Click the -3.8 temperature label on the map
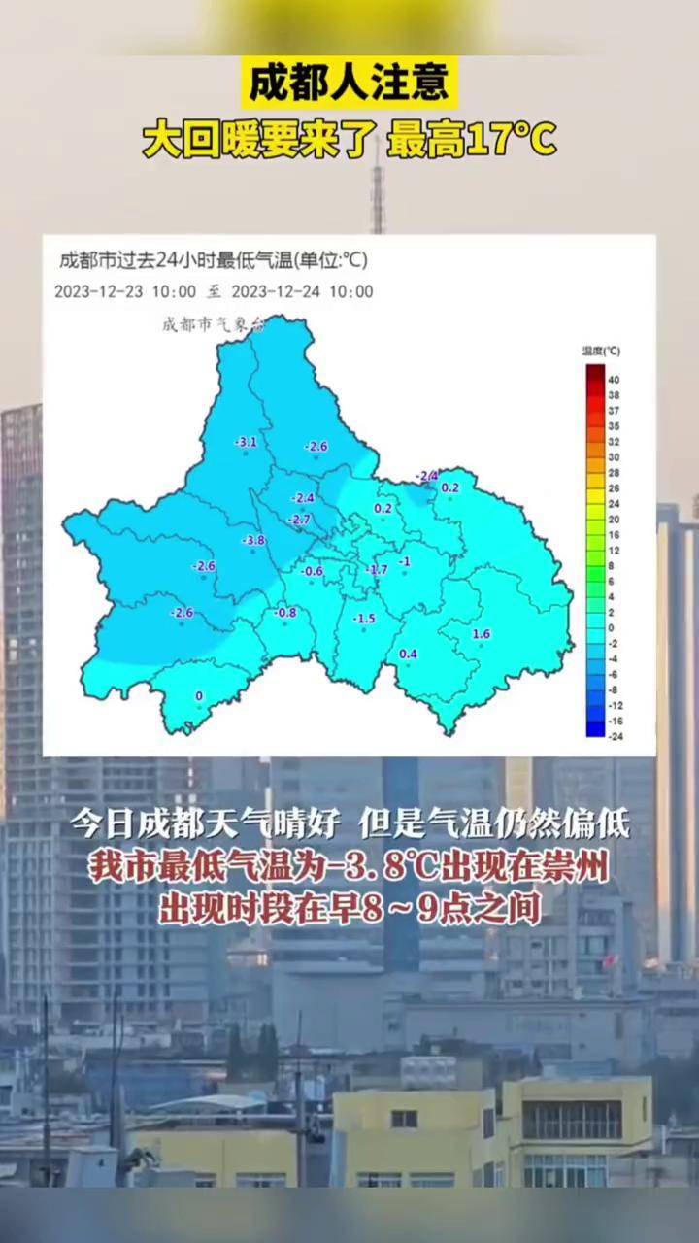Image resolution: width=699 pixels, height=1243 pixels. [x=253, y=540]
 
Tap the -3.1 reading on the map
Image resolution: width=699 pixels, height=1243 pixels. [x=246, y=443]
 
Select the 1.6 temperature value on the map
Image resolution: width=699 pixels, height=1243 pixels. [x=481, y=634]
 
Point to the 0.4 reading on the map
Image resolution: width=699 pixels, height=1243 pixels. [x=409, y=654]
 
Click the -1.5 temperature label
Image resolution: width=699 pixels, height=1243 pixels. [x=363, y=619]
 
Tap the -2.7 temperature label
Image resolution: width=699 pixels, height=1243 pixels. [x=300, y=520]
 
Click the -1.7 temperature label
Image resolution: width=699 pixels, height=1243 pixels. [x=378, y=569]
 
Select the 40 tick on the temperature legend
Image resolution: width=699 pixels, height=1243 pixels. [x=614, y=380]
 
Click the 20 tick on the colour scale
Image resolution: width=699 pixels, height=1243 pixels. [x=614, y=520]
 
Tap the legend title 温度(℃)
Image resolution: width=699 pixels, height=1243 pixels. [x=601, y=351]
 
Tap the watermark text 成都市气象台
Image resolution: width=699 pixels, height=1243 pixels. [x=213, y=325]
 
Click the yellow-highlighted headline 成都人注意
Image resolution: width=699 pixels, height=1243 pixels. [x=349, y=84]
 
